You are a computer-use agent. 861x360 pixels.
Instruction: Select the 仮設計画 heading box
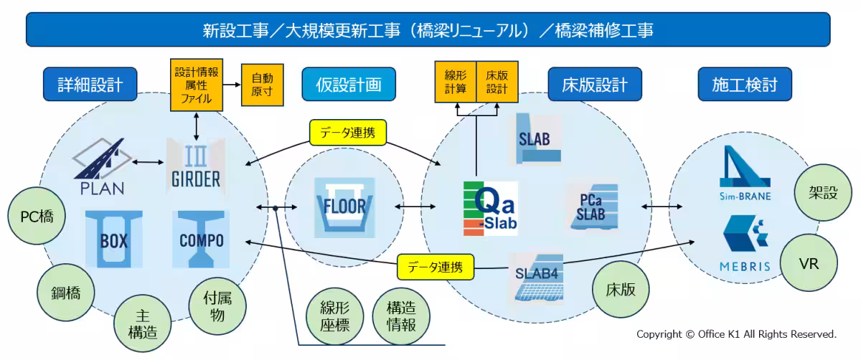[x=349, y=85]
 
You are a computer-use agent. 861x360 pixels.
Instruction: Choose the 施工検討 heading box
[x=745, y=85]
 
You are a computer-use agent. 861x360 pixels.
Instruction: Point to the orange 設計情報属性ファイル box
[x=197, y=85]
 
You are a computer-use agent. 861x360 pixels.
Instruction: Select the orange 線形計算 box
[x=456, y=82]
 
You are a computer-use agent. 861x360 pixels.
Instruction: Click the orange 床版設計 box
[x=497, y=82]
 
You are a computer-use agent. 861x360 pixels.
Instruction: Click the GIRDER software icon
[x=196, y=164]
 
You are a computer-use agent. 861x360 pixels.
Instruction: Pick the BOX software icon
[x=113, y=239]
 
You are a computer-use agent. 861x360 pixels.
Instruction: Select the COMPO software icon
[x=201, y=239]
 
